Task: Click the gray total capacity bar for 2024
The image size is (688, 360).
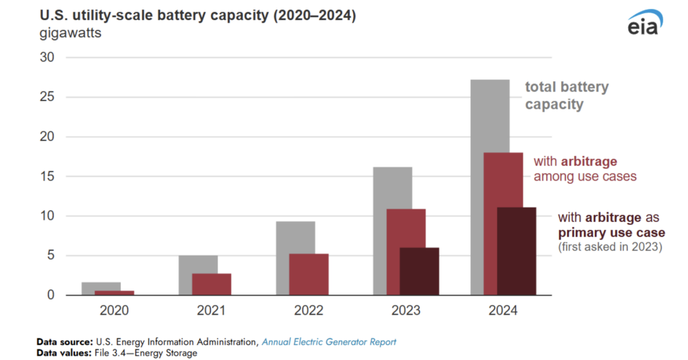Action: click(x=490, y=115)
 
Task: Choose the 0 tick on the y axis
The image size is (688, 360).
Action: click(x=50, y=295)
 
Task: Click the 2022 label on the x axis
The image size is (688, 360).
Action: click(x=308, y=311)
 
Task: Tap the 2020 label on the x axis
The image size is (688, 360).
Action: click(x=114, y=311)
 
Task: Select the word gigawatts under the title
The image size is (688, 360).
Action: click(x=70, y=33)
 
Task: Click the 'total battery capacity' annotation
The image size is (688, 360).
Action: click(x=566, y=96)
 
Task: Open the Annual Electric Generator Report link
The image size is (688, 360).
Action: click(x=329, y=342)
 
